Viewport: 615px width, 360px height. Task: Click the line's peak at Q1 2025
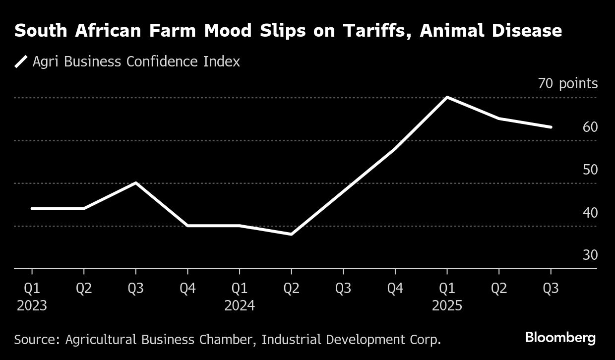point(447,97)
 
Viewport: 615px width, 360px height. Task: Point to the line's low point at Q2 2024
point(291,234)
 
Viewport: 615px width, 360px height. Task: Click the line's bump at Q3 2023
point(135,183)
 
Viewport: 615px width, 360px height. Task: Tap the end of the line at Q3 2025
point(551,127)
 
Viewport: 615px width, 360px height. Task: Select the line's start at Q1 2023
point(32,208)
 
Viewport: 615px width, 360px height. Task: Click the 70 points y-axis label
point(568,84)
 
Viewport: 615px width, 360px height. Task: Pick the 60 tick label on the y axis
point(590,127)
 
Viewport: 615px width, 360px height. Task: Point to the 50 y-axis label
point(590,170)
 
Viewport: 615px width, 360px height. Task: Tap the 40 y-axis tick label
point(590,212)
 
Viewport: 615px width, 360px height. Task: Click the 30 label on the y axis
point(590,255)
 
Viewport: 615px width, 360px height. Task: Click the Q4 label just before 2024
point(187,289)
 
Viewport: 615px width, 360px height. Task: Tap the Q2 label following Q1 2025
point(498,289)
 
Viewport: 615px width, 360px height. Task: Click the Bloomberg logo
point(560,338)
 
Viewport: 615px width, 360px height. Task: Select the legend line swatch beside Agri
point(21,62)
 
